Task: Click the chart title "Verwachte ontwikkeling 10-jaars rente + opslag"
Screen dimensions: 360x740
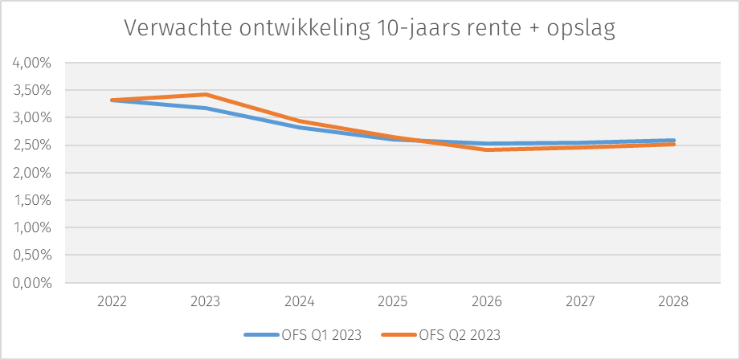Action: pyautogui.click(x=370, y=29)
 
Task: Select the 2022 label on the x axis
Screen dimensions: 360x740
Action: pyautogui.click(x=112, y=302)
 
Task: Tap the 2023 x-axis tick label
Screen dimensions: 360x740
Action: pyautogui.click(x=206, y=302)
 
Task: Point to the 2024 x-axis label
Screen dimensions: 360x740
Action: pyautogui.click(x=300, y=302)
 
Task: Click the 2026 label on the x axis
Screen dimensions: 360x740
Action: pyautogui.click(x=487, y=302)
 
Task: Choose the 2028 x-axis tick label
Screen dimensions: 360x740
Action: pyautogui.click(x=674, y=302)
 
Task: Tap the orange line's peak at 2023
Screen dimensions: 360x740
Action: pyautogui.click(x=206, y=95)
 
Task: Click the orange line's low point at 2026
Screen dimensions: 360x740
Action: pyautogui.click(x=487, y=149)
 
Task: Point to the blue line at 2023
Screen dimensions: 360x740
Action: pyautogui.click(x=206, y=108)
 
